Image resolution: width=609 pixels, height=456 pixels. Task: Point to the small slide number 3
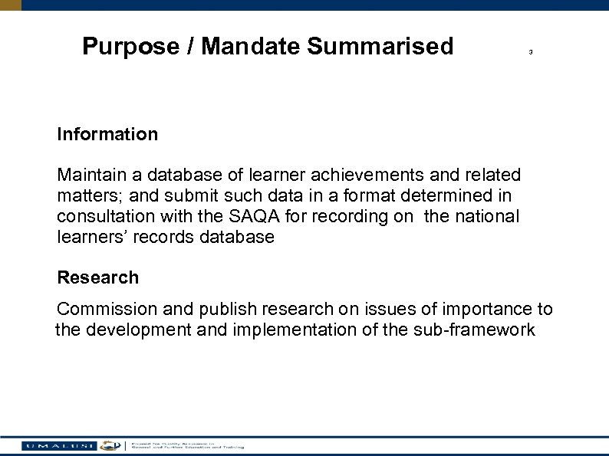coord(530,52)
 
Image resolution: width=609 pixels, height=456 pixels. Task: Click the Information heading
coord(107,134)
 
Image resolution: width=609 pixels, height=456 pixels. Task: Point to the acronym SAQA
coord(279,217)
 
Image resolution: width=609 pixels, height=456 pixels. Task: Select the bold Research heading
coord(98,278)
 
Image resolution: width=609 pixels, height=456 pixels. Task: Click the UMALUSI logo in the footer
coord(60,445)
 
